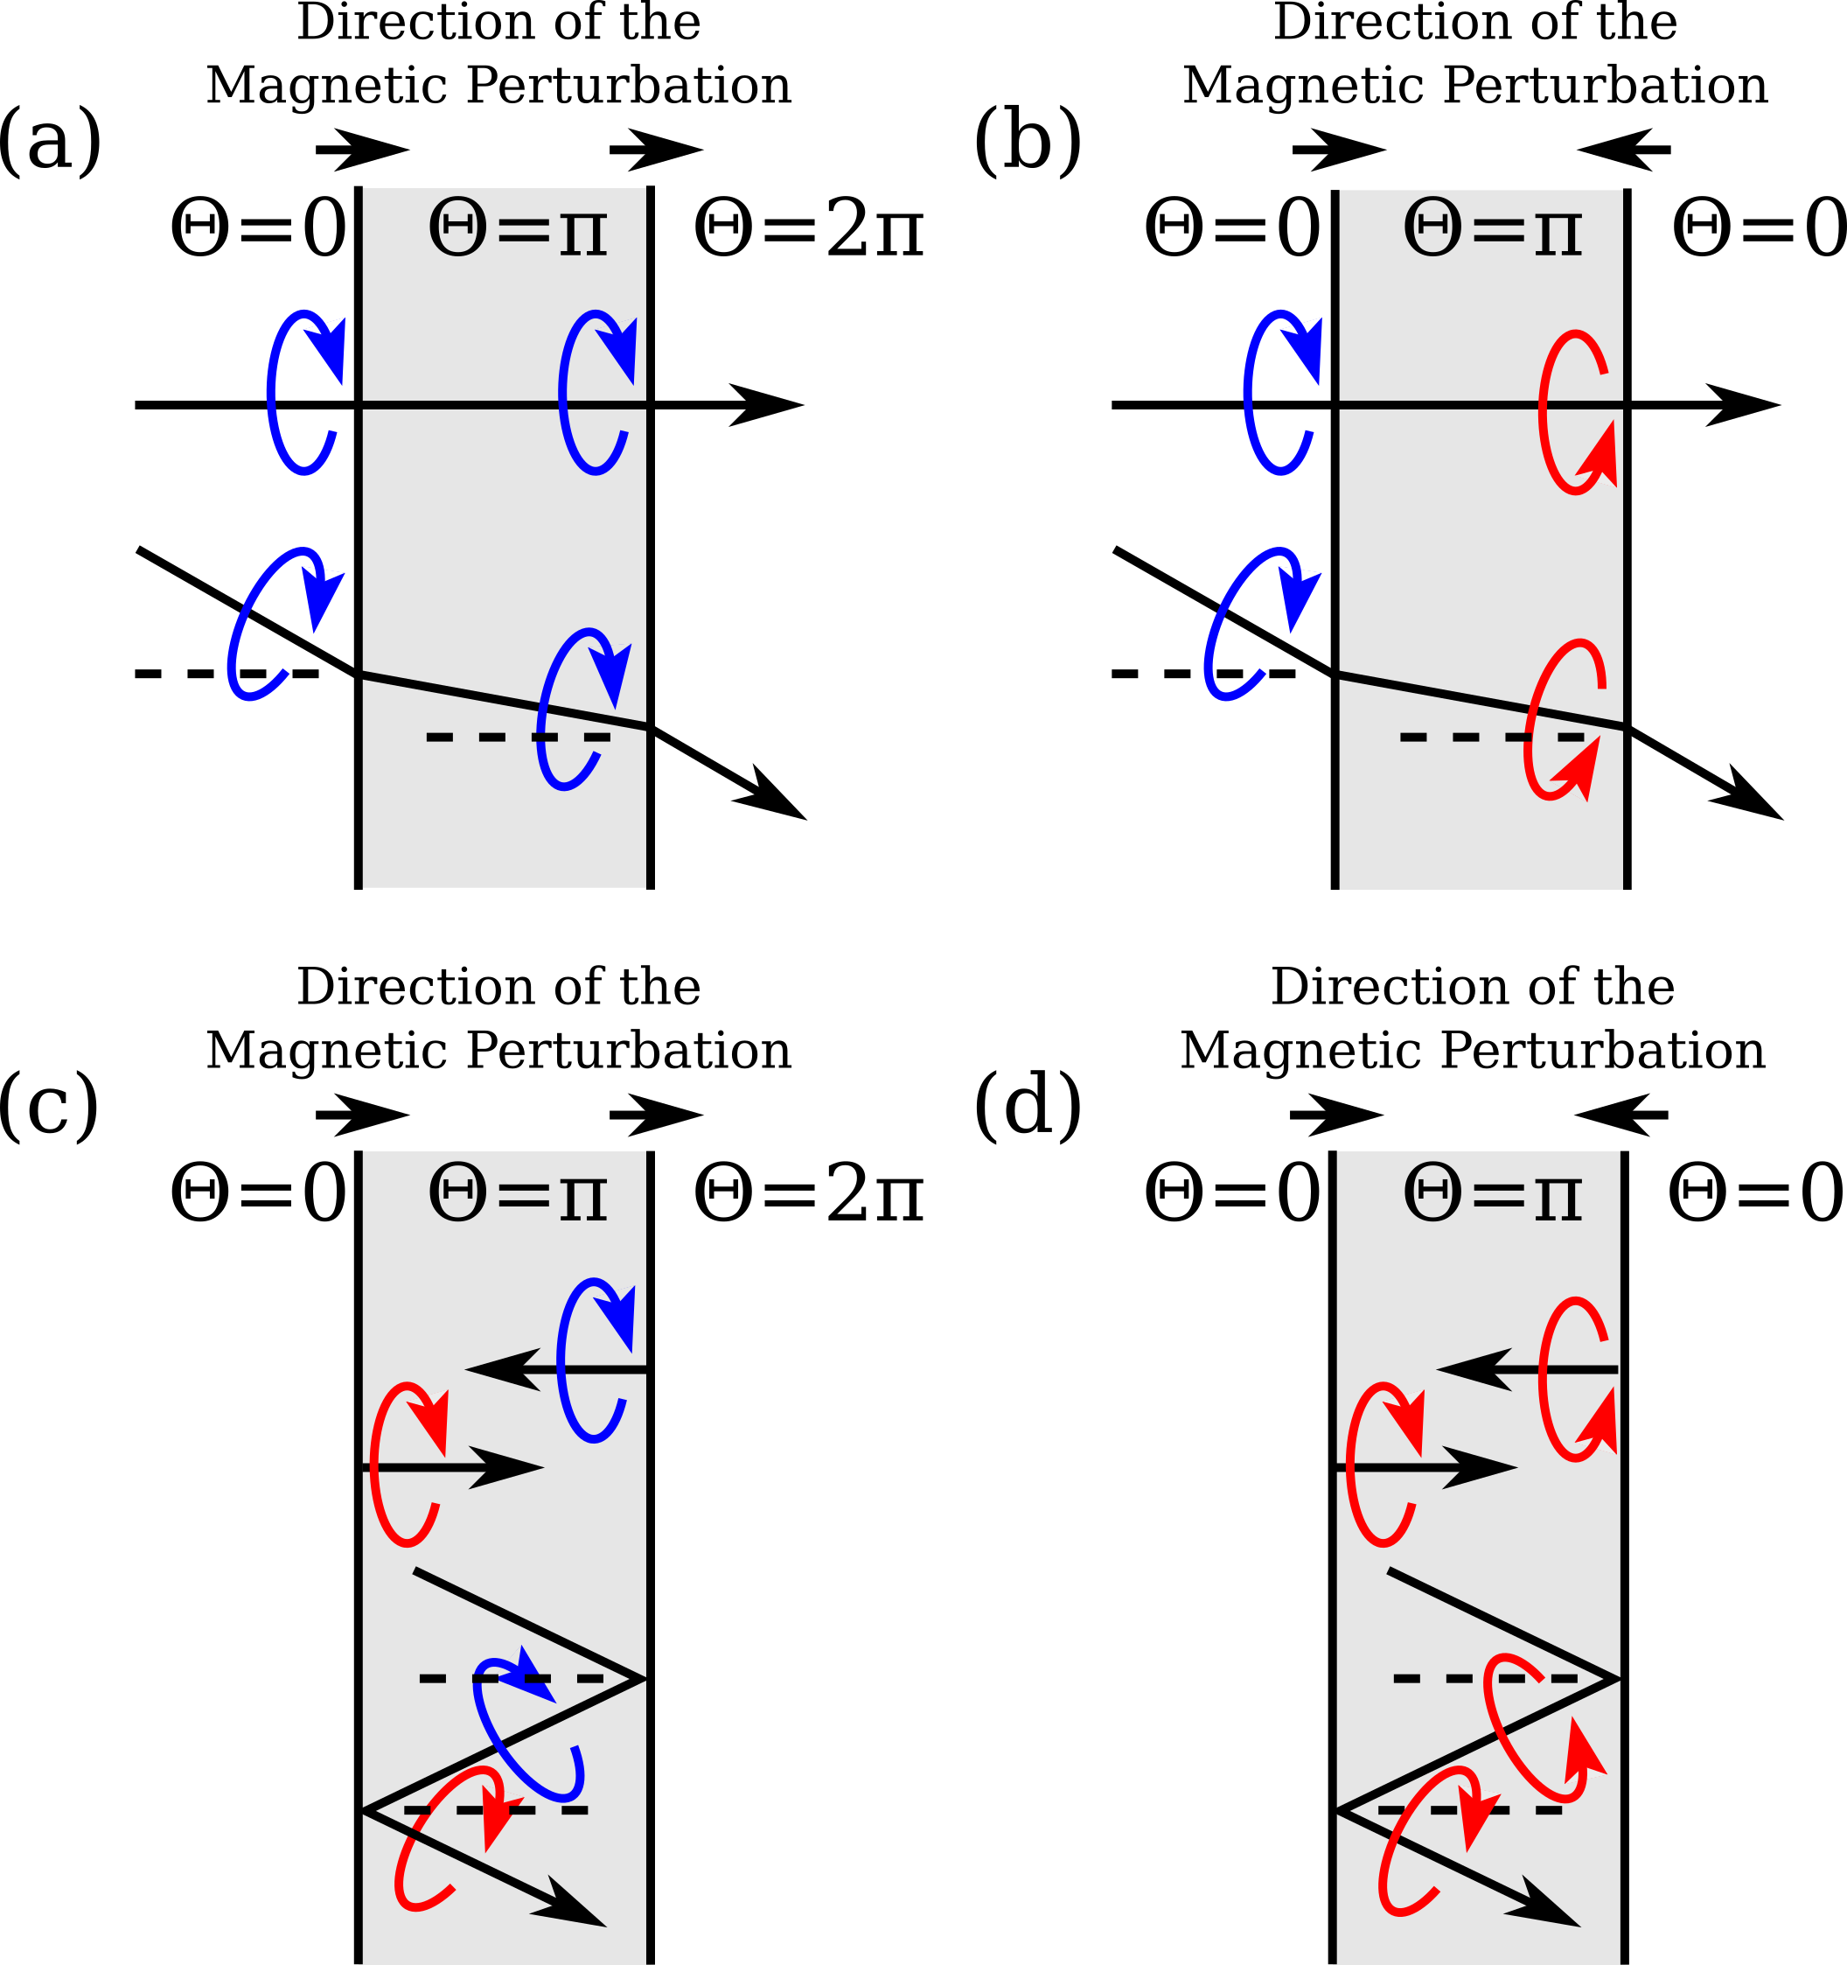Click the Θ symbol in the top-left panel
[457, 228]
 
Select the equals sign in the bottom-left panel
[523, 1196]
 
